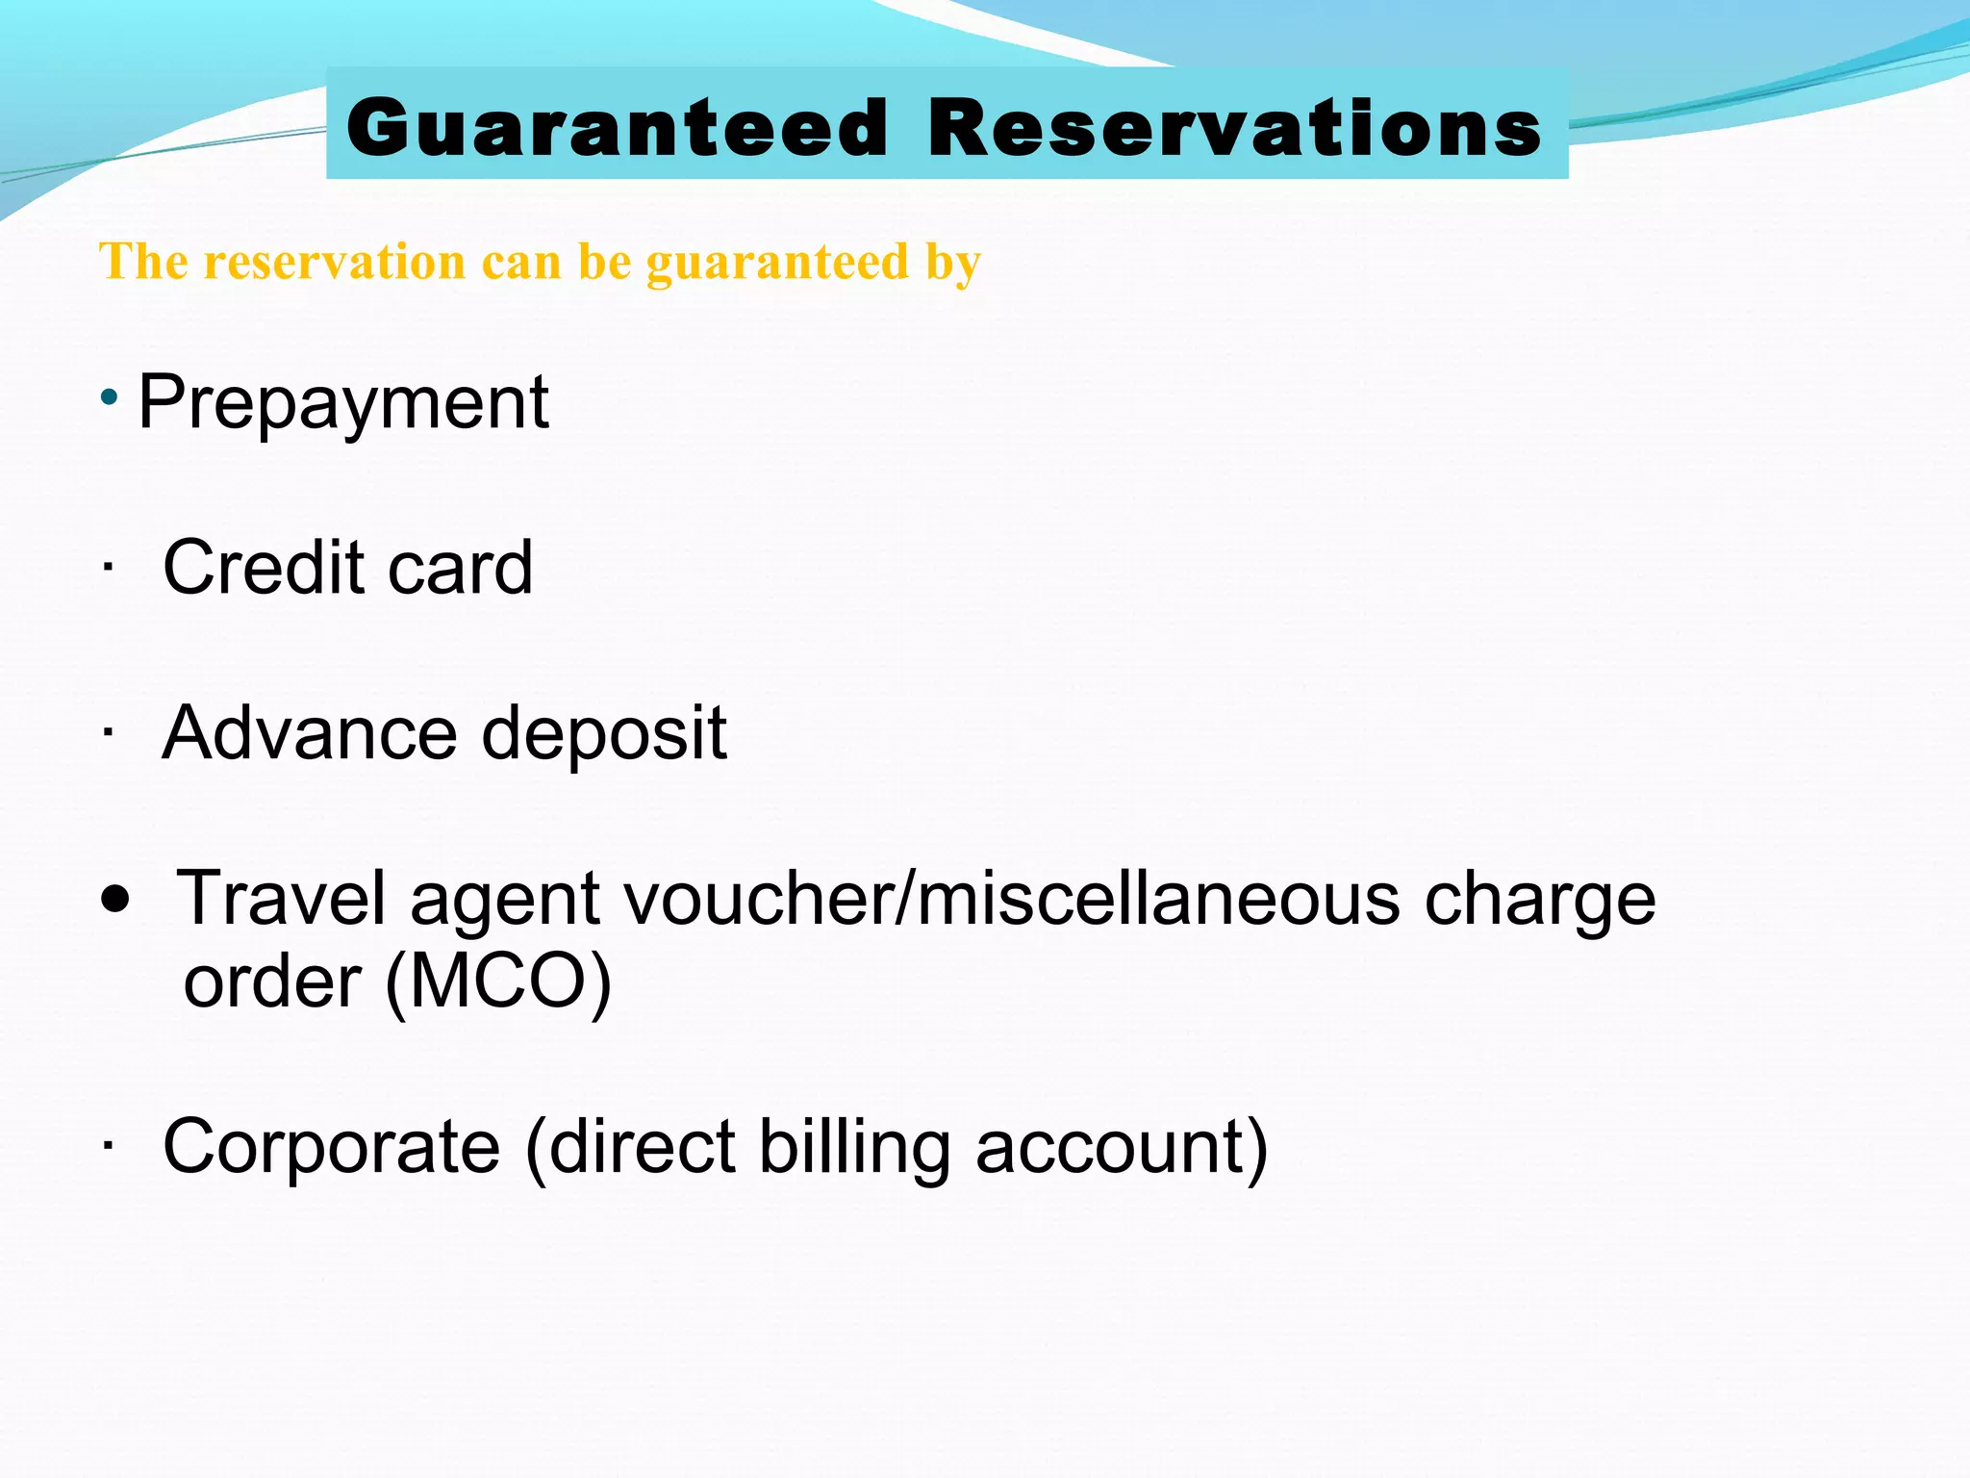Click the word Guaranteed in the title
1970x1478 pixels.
pyautogui.click(x=618, y=128)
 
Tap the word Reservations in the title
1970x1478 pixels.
pyautogui.click(x=1235, y=128)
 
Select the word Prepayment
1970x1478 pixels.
pyautogui.click(x=343, y=402)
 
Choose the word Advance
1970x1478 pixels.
pyautogui.click(x=310, y=733)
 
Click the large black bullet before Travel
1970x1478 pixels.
pyautogui.click(x=115, y=901)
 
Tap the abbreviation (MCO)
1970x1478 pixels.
pyautogui.click(x=498, y=982)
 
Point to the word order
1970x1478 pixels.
pyautogui.click(x=272, y=982)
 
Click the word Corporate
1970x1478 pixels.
pyautogui.click(x=332, y=1147)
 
